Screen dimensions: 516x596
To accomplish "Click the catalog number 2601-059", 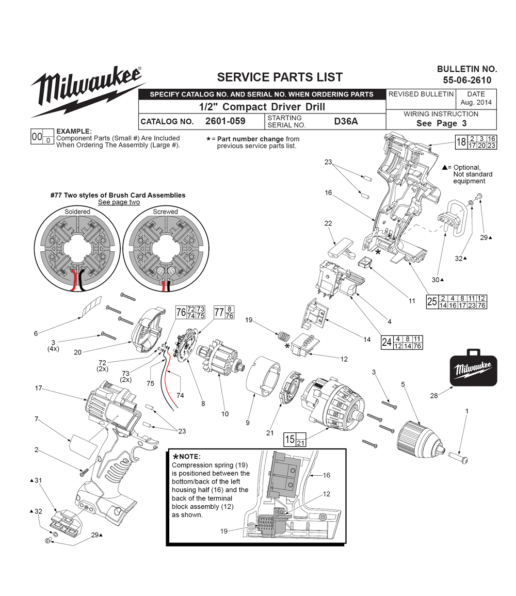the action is click(x=225, y=121).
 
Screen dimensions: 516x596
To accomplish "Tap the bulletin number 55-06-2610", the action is click(x=467, y=80).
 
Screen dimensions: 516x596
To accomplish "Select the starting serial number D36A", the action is click(x=346, y=121).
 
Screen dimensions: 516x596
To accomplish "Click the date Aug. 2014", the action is click(x=476, y=102).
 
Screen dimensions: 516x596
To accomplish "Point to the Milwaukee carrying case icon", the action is click(x=473, y=367).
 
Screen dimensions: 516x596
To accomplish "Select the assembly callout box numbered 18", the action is click(x=476, y=142).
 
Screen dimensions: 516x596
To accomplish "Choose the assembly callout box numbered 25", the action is click(x=456, y=302).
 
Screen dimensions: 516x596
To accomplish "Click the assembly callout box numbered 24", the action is click(x=401, y=343).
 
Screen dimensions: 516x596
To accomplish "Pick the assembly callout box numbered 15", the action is click(x=295, y=440).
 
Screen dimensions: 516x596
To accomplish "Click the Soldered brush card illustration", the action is click(x=77, y=249).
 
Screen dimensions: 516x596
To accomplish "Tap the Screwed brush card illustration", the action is click(x=166, y=249).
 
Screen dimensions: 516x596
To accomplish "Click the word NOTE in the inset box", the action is click(x=190, y=457).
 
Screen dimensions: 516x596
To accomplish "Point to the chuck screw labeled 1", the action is click(x=458, y=457).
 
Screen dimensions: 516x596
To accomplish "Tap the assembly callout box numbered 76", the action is click(x=190, y=312).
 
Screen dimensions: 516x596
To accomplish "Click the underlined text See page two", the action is click(x=119, y=202).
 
